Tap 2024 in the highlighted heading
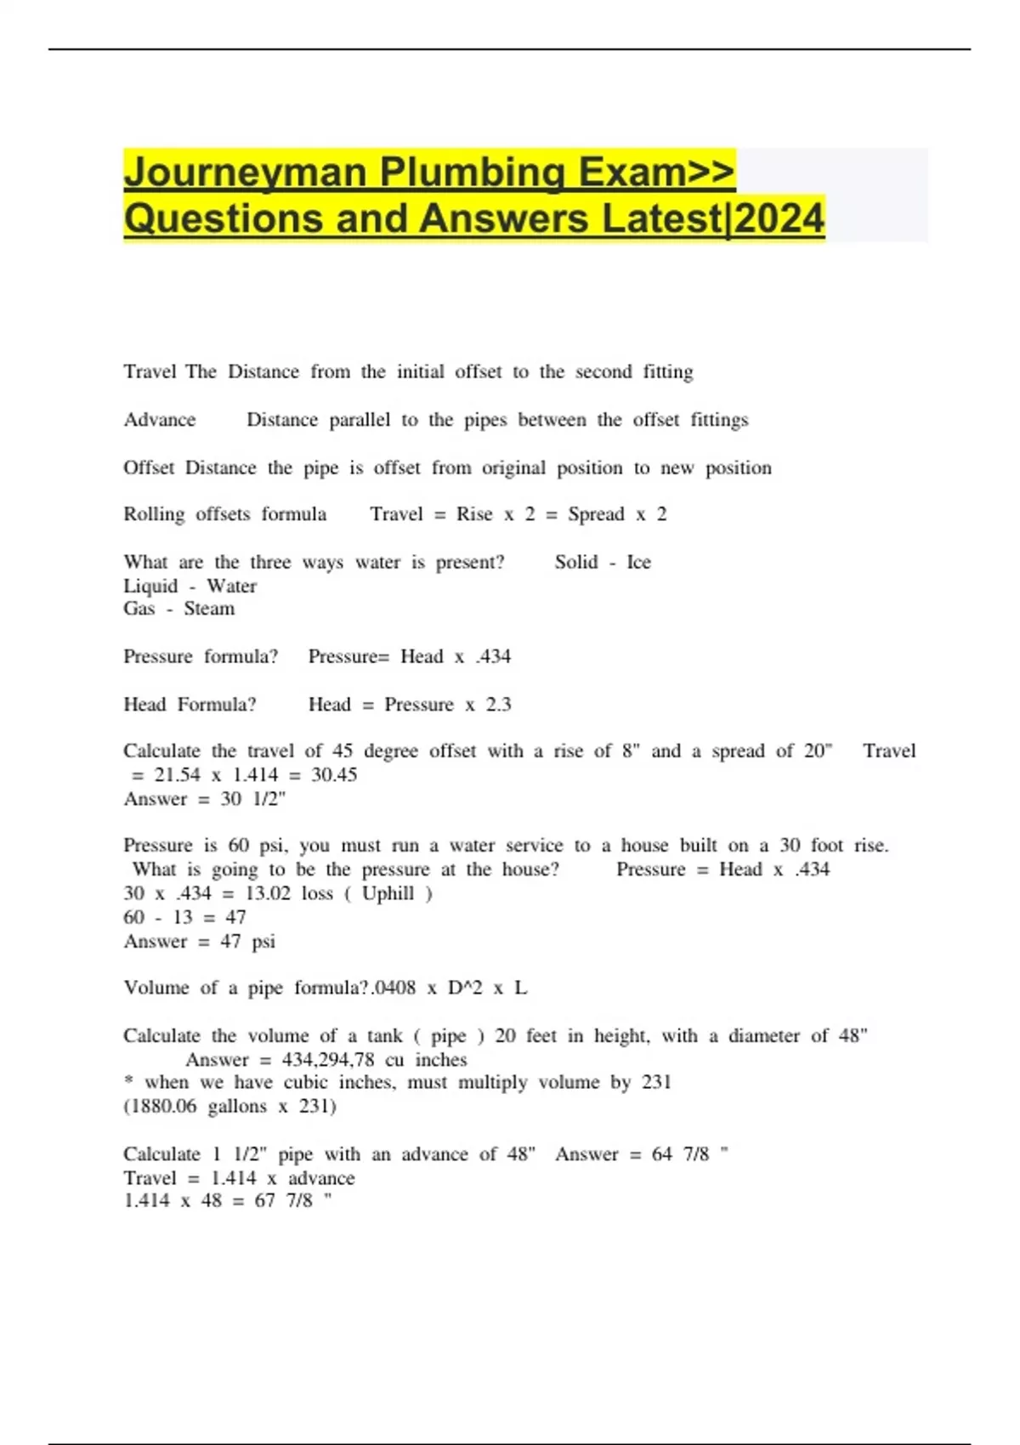click(779, 218)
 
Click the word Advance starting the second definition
click(160, 420)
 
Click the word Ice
click(638, 562)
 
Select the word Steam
click(209, 609)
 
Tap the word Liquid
click(150, 586)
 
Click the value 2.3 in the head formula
click(499, 705)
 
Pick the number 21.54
click(178, 775)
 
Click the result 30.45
click(334, 775)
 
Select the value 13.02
click(268, 893)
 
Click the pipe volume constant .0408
click(394, 988)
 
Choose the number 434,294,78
click(328, 1060)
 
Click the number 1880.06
click(162, 1107)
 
